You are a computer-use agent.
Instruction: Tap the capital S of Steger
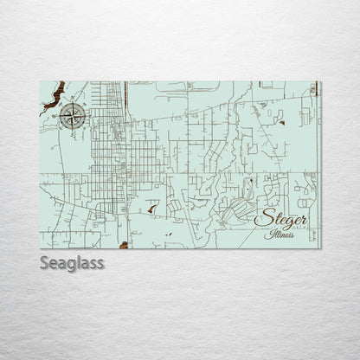(x=261, y=219)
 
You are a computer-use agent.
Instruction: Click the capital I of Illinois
(x=269, y=235)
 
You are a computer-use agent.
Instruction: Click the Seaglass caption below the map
(x=71, y=263)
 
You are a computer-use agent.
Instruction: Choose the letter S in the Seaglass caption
(x=44, y=263)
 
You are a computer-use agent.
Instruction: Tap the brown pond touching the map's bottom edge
(x=124, y=245)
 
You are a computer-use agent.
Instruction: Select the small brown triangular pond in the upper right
(x=282, y=122)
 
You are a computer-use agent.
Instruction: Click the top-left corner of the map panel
(x=40, y=81)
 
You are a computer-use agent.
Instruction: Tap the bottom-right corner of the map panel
(x=319, y=248)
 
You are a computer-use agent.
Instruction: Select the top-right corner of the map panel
(x=319, y=81)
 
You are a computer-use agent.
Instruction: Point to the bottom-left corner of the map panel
(x=40, y=248)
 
